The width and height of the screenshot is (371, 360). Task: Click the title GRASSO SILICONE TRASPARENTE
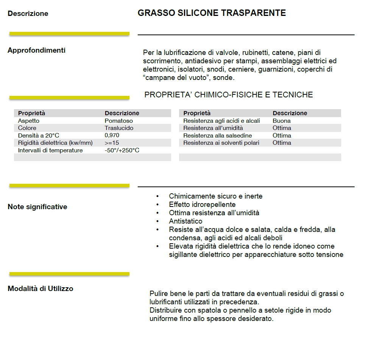tap(212, 13)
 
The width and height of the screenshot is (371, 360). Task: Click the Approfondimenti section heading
tap(36, 50)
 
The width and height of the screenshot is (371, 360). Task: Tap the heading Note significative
tap(37, 207)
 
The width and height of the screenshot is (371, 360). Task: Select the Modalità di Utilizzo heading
tap(40, 289)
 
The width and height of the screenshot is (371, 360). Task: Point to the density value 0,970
tap(112, 135)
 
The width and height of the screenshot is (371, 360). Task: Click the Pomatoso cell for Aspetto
tap(118, 121)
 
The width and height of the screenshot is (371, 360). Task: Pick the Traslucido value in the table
tap(119, 128)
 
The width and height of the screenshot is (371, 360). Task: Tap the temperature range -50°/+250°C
tap(122, 150)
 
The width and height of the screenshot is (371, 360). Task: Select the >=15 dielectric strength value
tap(112, 143)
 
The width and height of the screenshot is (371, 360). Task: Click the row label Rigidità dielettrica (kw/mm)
tap(55, 143)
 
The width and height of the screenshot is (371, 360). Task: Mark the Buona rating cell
tap(281, 121)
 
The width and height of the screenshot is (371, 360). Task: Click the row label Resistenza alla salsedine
tap(217, 136)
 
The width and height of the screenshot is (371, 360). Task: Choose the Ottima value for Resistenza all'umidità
tap(282, 128)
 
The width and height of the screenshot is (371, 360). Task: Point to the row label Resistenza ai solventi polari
tap(221, 143)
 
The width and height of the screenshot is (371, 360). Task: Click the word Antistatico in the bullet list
tap(185, 221)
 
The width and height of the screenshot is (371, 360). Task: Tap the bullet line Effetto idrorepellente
tap(202, 205)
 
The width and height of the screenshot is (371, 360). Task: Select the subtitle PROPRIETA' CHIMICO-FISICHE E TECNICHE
tap(229, 95)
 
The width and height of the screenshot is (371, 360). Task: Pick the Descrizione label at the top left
tap(28, 14)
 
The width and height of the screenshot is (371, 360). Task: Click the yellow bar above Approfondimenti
tap(69, 34)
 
